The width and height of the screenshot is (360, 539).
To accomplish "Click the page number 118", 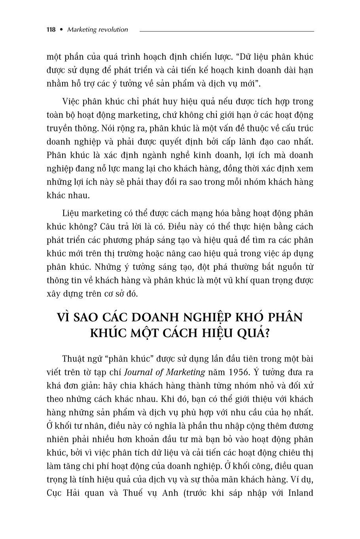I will pyautogui.click(x=51, y=30).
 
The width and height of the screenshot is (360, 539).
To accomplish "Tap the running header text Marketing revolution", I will pyautogui.click(x=98, y=30).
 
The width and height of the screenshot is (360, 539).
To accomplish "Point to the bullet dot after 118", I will pyautogui.click(x=61, y=30).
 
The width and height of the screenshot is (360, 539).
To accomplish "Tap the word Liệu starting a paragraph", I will pyautogui.click(x=72, y=213).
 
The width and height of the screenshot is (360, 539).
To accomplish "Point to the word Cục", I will pyautogui.click(x=55, y=493).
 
